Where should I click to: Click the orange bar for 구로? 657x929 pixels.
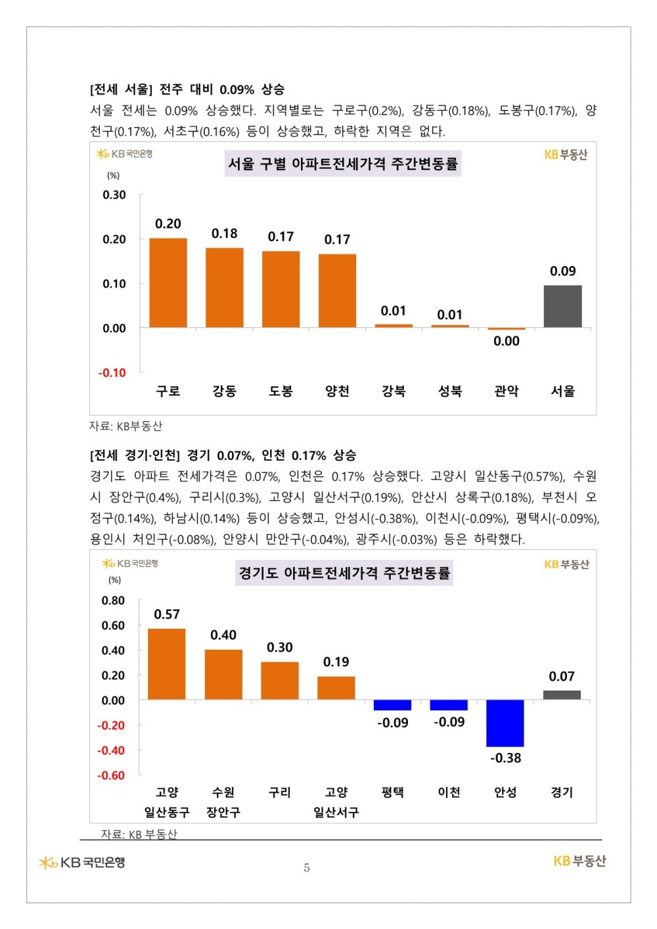[168, 283]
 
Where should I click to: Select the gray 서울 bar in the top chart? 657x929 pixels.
[562, 306]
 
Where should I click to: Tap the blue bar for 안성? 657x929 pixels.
[505, 723]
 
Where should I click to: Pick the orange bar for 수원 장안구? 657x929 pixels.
[223, 675]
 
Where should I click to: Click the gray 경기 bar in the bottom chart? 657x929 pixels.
[562, 695]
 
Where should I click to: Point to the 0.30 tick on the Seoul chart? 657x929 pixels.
[114, 194]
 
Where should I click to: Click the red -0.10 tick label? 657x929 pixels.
[112, 373]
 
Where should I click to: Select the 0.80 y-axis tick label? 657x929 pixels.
[113, 600]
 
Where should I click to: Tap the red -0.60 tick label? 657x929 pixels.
[111, 775]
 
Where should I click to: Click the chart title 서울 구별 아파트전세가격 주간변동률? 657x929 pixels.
[343, 164]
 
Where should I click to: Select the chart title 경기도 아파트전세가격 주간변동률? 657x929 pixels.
[344, 573]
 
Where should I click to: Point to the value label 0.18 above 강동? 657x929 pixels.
[225, 233]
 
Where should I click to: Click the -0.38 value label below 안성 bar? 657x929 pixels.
[505, 758]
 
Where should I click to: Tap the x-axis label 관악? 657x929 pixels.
[506, 391]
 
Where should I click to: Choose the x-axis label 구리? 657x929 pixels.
[280, 792]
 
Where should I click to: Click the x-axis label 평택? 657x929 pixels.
[392, 792]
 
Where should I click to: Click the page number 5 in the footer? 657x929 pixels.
[307, 868]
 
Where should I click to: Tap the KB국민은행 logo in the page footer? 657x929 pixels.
[82, 862]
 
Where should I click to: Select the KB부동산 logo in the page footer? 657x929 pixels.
[579, 861]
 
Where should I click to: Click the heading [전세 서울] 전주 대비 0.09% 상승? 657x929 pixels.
[187, 89]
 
